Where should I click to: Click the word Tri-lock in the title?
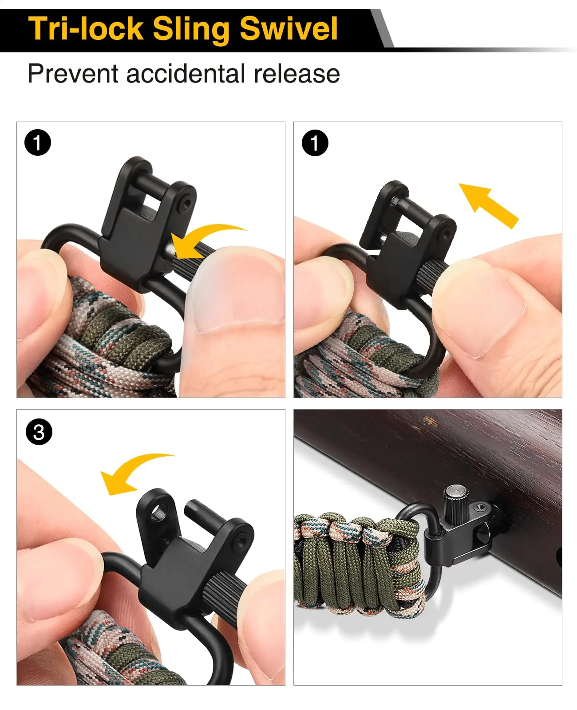click(x=86, y=29)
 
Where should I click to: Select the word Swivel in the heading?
click(x=288, y=29)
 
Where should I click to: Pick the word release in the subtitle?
click(x=296, y=74)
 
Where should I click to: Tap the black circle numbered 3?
click(x=39, y=432)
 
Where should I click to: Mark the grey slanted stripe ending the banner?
click(x=382, y=28)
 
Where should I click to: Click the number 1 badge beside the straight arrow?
click(x=315, y=143)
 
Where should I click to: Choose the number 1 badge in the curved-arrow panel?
click(x=38, y=142)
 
